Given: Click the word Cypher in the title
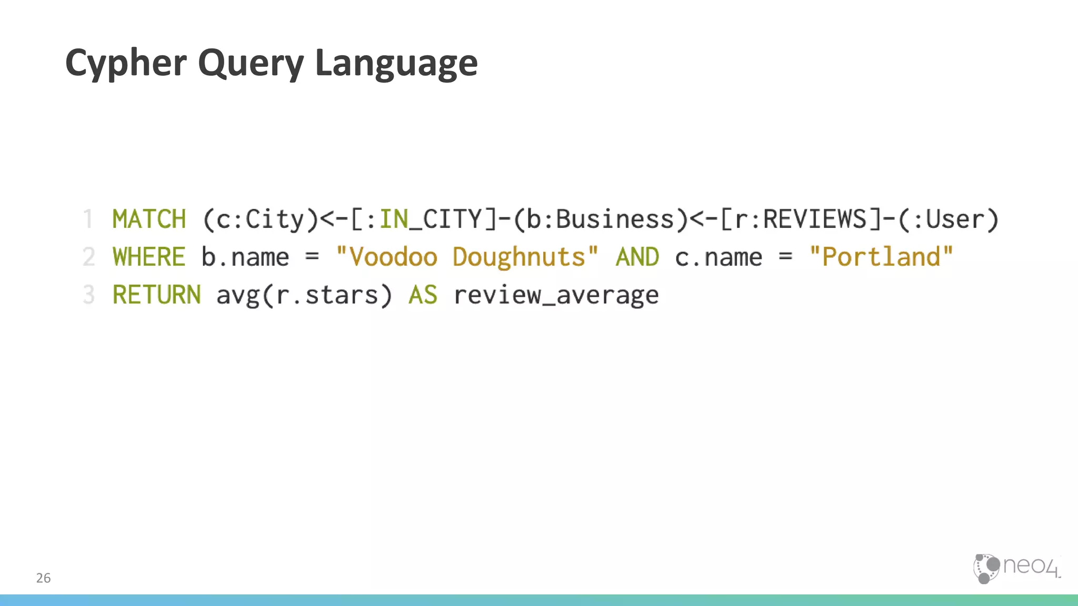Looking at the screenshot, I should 126,63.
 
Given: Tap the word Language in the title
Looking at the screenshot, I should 396,63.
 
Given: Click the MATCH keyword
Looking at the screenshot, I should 149,219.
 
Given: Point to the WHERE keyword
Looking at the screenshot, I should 149,257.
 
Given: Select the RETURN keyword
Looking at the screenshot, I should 156,295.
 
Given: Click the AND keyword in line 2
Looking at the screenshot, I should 637,257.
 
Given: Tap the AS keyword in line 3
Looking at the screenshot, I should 423,295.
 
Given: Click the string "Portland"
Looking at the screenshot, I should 881,257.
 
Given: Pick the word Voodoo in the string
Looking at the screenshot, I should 393,257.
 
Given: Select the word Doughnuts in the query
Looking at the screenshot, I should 519,257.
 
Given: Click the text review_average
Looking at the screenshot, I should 556,295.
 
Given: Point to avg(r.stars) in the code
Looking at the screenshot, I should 304,295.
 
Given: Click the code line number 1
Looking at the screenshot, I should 88,219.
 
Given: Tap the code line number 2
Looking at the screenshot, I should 88,257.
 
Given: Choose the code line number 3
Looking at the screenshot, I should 88,295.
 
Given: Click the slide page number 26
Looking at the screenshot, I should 43,578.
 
